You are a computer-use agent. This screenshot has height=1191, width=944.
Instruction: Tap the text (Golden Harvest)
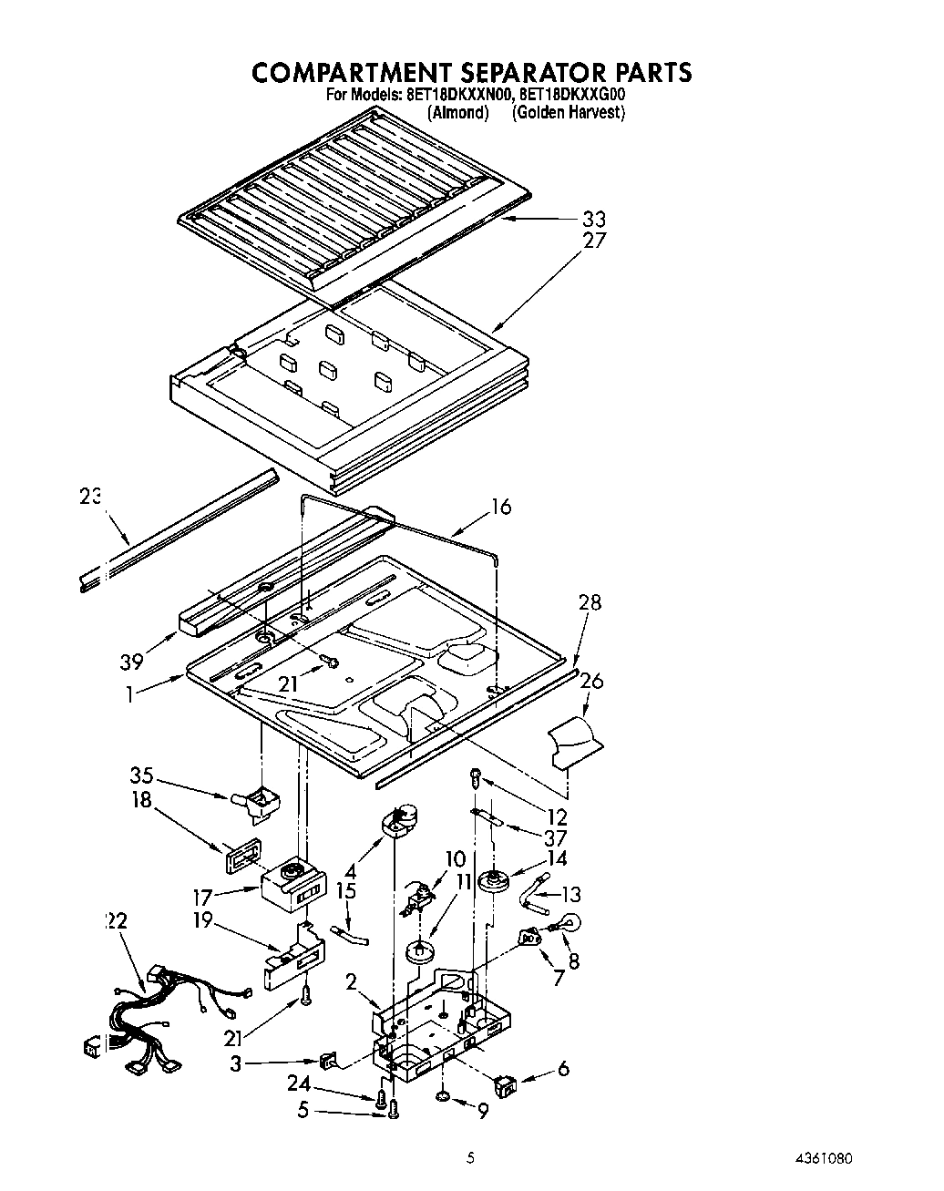pyautogui.click(x=568, y=112)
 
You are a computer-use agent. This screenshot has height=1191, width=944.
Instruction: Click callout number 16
pyautogui.click(x=501, y=507)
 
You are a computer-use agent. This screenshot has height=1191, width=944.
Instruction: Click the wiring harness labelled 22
pyautogui.click(x=173, y=1011)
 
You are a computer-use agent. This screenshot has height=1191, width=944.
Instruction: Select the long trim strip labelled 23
pyautogui.click(x=178, y=529)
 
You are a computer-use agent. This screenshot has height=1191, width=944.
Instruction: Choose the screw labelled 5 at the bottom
pyautogui.click(x=394, y=1109)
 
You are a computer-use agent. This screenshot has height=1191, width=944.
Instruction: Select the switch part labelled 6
pyautogui.click(x=503, y=1083)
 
